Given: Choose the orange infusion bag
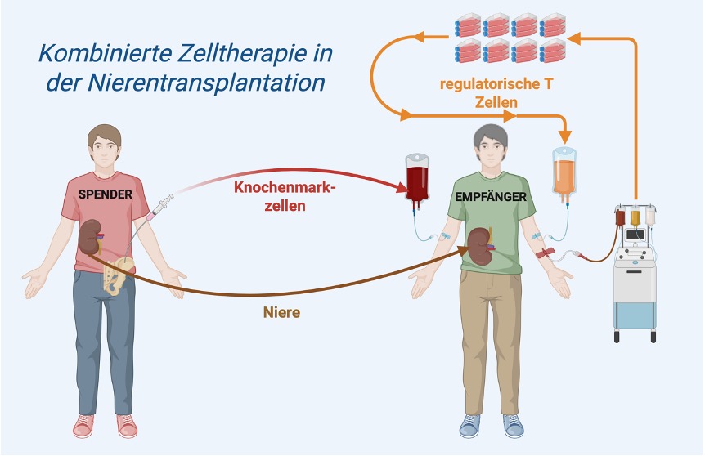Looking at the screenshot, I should click(564, 172).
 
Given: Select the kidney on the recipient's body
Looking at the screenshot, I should click(478, 244).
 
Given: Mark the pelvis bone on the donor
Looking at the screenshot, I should click(119, 273).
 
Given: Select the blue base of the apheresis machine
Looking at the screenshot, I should click(635, 315).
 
